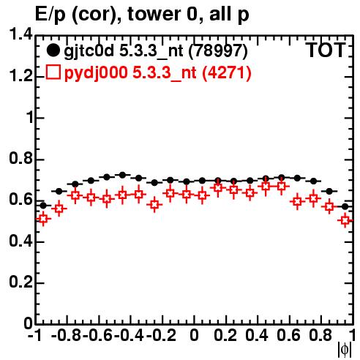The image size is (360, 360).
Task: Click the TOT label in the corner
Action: point(326,50)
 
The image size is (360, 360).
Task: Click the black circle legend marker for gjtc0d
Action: point(53,50)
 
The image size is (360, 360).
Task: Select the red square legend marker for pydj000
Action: point(53,72)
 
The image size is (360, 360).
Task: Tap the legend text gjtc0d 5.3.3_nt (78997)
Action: point(156,51)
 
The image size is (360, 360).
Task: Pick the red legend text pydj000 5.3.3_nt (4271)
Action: point(157,72)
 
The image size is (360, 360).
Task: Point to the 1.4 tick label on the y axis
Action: point(20,34)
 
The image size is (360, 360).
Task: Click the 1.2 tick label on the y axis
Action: point(20,76)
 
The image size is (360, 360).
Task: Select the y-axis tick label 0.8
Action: point(20,158)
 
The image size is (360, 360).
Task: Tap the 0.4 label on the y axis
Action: point(20,241)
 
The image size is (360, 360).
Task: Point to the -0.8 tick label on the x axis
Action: point(67,335)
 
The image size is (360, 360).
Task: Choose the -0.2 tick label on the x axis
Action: point(161,335)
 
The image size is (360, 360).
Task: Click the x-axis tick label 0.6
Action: point(288,335)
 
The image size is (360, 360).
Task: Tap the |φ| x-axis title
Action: point(345,350)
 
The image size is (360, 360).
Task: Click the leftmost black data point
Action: point(43,206)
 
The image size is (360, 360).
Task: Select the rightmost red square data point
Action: point(345,220)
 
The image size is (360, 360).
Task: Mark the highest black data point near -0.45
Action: point(122,175)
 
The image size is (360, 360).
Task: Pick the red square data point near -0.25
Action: point(154,204)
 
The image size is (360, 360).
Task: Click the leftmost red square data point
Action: point(43,219)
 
